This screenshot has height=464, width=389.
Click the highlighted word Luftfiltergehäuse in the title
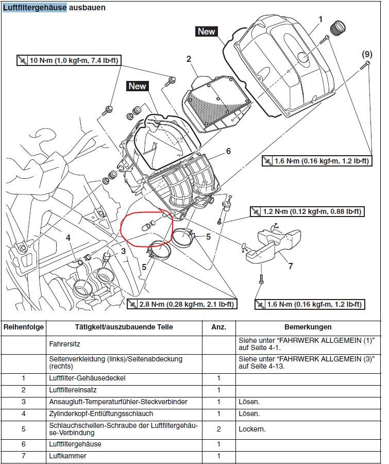pos(35,8)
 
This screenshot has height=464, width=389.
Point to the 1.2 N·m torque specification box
pos(306,211)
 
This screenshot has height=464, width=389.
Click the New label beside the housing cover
pos(206,31)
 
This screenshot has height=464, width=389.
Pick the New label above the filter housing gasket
pos(138,86)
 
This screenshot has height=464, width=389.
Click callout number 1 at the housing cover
pos(320,19)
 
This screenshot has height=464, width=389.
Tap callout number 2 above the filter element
pos(189,59)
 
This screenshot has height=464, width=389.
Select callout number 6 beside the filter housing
pos(228,152)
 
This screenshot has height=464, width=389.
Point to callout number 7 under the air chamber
pos(291,266)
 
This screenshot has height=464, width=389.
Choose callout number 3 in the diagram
pos(123,251)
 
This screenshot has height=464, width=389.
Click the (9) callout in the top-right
pos(366,54)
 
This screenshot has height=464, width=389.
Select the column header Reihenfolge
pos(24,327)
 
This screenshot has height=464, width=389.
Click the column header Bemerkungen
pos(308,327)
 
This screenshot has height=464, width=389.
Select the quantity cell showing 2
pos(218,428)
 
